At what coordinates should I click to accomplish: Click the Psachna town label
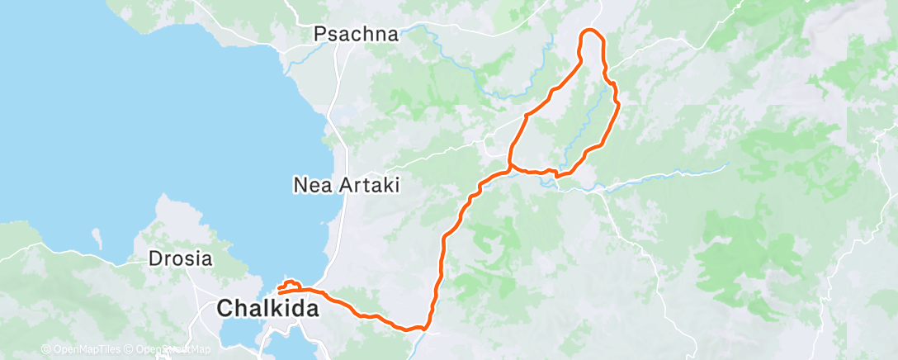(x=356, y=35)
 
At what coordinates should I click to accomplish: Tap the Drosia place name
(x=181, y=258)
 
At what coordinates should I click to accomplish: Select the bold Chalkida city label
(x=266, y=309)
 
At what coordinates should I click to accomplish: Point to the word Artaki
(x=370, y=186)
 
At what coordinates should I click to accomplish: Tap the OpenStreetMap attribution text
(x=173, y=350)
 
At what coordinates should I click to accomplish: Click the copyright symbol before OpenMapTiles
(x=45, y=350)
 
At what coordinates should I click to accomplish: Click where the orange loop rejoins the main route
(x=510, y=168)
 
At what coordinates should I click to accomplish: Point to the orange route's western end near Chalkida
(x=280, y=292)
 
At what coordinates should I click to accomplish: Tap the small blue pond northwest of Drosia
(x=97, y=239)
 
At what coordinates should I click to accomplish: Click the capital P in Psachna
(x=320, y=35)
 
